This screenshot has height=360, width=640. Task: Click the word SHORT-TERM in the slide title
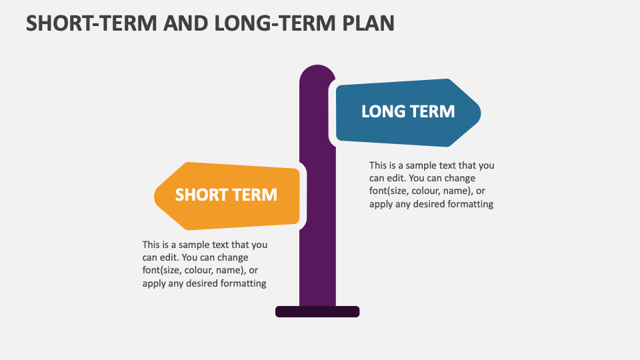click(x=82, y=23)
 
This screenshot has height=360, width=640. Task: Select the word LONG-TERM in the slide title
click(x=256, y=23)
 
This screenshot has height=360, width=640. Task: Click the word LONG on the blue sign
click(x=383, y=111)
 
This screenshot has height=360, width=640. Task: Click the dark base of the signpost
click(x=317, y=311)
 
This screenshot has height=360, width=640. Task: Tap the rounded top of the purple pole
click(x=317, y=71)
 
